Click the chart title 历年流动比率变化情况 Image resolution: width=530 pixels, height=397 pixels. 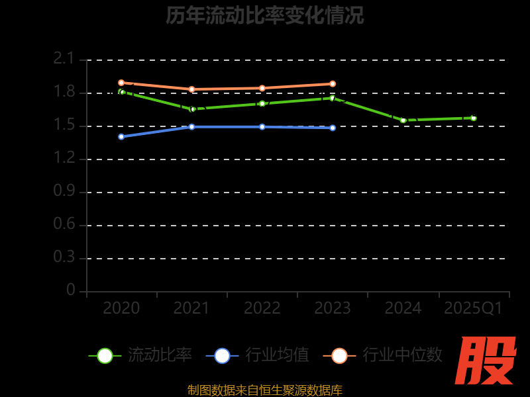tap(264, 15)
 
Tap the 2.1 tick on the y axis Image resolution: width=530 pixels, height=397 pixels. tap(64, 60)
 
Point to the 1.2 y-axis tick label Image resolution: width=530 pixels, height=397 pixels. tap(64, 158)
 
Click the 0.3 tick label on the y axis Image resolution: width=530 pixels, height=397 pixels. tap(64, 257)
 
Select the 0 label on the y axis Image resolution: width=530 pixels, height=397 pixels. tap(71, 290)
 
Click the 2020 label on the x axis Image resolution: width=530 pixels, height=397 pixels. tap(121, 308)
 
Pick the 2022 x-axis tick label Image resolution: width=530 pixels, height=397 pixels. tap(262, 308)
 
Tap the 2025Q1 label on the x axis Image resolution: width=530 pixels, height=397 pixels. tap(473, 308)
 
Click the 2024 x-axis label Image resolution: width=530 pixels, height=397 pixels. tap(403, 308)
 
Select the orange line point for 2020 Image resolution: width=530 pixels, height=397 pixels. tap(121, 83)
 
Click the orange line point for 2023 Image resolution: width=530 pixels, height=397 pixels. tap(333, 84)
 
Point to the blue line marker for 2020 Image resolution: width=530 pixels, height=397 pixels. tap(121, 136)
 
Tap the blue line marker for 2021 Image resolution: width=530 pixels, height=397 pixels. tap(191, 126)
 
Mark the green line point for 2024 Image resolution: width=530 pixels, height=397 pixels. tap(403, 120)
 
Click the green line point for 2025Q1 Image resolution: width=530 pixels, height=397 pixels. tap(473, 118)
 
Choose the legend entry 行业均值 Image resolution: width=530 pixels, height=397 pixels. tap(258, 355)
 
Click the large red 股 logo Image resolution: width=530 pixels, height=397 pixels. tap(487, 361)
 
